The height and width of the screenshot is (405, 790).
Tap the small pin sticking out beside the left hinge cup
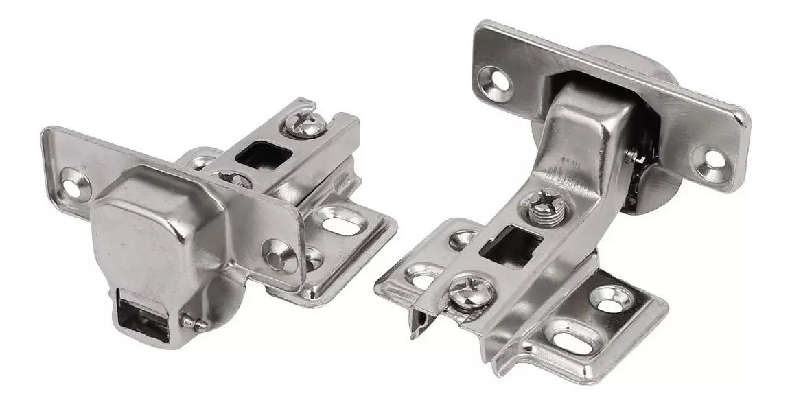[x=194, y=321]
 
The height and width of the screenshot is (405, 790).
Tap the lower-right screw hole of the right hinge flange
[x=711, y=160]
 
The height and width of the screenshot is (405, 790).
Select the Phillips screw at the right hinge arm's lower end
[x=467, y=291]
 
